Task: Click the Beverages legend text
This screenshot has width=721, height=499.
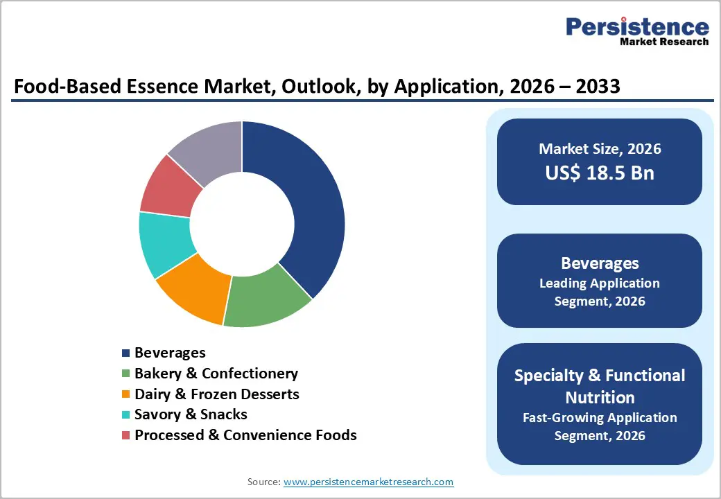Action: coord(170,353)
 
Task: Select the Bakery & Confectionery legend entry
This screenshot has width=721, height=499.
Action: coord(216,374)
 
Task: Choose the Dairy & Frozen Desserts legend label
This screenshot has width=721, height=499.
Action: coord(216,394)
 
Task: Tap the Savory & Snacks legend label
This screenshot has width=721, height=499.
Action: coord(191,414)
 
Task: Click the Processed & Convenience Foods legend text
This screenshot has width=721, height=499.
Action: coord(245,435)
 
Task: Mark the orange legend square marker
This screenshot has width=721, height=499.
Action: coord(125,394)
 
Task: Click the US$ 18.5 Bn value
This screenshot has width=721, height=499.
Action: coord(600,173)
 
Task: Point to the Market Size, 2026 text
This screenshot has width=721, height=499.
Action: coord(600,148)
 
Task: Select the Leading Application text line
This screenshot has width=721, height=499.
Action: coord(600,283)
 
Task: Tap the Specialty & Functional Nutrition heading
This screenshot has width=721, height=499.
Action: coord(600,386)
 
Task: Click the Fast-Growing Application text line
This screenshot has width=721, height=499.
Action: coord(600,417)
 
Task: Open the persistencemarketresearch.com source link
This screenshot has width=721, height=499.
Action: coord(368,481)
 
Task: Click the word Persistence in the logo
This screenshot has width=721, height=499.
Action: coord(637,27)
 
